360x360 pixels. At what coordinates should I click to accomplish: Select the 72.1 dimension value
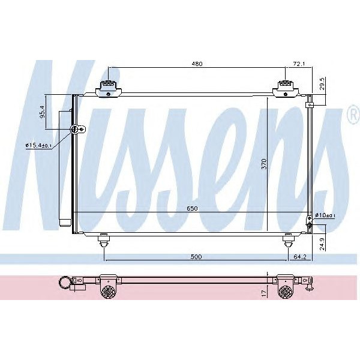click(298, 62)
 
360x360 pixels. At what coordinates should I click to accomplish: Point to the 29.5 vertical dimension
click(322, 82)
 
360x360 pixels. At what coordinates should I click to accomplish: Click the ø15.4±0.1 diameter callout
click(38, 145)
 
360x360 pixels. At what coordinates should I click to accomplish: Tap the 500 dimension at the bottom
click(196, 257)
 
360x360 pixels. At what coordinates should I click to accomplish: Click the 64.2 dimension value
click(301, 257)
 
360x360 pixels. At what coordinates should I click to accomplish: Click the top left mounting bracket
click(107, 88)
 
